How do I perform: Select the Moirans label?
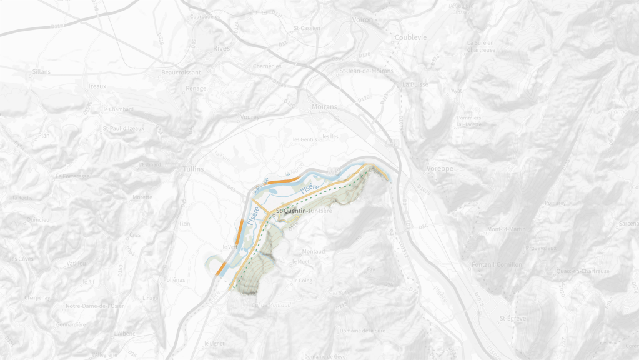324,107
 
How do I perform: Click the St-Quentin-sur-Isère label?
303,211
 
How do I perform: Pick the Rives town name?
221,48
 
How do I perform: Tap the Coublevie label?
410,37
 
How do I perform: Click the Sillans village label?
41,72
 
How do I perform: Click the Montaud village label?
314,251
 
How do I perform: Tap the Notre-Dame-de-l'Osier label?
94,306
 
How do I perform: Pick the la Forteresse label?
72,176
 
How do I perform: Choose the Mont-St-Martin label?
507,229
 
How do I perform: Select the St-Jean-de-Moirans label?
366,71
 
